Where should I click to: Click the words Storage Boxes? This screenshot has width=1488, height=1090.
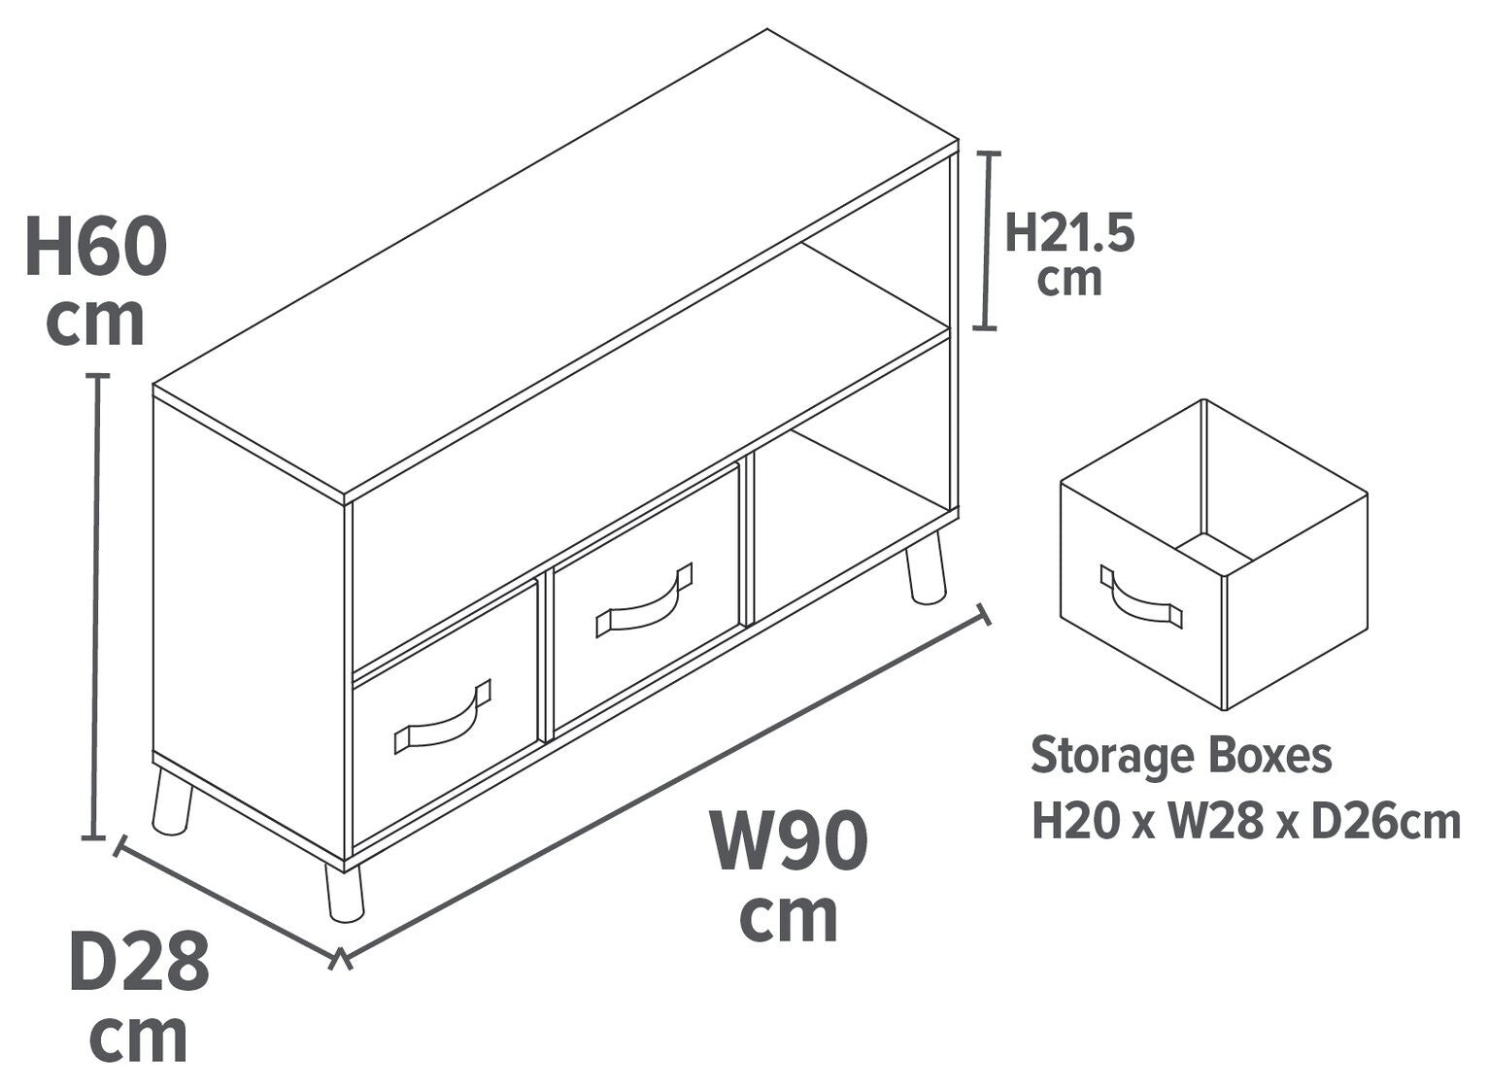(x=1181, y=756)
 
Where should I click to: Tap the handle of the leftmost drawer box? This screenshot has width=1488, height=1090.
(x=442, y=719)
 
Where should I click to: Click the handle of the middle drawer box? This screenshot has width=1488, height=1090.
(x=644, y=601)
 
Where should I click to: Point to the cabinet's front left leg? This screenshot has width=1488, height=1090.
(x=171, y=801)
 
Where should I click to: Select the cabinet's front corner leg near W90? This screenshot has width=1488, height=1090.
(x=344, y=892)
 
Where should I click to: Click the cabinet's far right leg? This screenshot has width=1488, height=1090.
(x=926, y=568)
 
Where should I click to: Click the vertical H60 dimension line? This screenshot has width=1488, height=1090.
(x=97, y=606)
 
